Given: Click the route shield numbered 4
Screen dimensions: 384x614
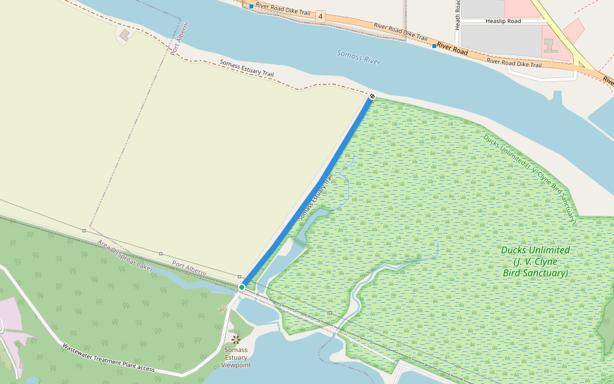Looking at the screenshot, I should click(320, 16).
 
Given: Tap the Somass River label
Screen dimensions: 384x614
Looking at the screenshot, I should click(359, 58).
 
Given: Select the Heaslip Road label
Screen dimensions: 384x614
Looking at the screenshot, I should click(503, 21).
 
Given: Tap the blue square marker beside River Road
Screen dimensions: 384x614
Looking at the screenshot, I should click(434, 46).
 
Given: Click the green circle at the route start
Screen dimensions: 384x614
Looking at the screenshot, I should click(242, 288).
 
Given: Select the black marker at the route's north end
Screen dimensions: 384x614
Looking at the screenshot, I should click(372, 96).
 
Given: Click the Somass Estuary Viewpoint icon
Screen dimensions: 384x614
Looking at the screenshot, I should click(236, 339).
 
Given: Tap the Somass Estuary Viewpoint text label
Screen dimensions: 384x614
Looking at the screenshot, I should click(236, 358).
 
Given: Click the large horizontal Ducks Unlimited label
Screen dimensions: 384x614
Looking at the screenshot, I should click(535, 261).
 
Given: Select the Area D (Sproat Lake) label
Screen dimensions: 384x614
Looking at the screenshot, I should click(125, 255).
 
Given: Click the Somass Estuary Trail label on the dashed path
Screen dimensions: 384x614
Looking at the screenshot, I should click(246, 68).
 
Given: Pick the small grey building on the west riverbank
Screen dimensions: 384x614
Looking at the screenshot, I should click(124, 34).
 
